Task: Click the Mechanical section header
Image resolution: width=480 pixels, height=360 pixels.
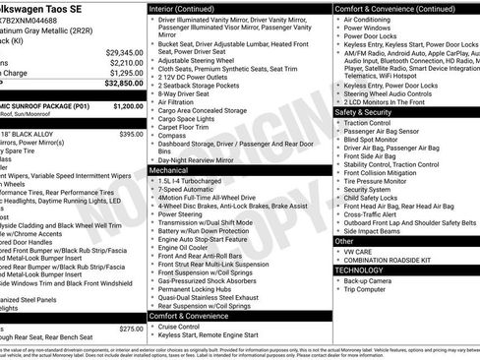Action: click(168, 169)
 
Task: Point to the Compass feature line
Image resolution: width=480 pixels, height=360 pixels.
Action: click(173, 135)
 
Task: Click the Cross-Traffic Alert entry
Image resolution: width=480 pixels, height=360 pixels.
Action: click(379, 213)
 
